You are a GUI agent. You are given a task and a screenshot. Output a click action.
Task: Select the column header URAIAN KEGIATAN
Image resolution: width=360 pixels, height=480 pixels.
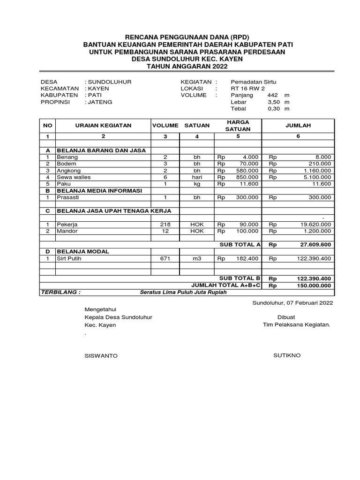click(103, 126)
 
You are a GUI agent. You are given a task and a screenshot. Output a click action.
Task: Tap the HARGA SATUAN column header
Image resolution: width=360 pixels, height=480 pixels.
click(238, 126)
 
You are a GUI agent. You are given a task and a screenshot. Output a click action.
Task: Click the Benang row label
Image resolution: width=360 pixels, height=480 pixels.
click(67, 157)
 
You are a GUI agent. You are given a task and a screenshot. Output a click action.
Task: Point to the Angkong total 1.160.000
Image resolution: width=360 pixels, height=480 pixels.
click(315, 171)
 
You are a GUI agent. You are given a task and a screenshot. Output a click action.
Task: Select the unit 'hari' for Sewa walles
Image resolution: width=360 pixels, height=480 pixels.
click(197, 177)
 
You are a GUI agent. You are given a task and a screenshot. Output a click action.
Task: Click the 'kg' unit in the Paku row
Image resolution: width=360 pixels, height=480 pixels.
click(197, 184)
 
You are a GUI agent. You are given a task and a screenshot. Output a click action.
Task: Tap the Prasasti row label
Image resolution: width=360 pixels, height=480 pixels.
click(68, 198)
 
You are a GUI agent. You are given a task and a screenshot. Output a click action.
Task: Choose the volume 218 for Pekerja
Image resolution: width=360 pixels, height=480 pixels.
click(165, 225)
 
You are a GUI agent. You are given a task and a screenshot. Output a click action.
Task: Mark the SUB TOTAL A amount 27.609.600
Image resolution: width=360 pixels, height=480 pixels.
click(315, 245)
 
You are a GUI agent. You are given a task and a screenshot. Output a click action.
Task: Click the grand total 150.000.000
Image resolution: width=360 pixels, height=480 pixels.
click(313, 285)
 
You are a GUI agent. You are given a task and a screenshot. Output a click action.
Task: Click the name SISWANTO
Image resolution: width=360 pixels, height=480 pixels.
click(101, 356)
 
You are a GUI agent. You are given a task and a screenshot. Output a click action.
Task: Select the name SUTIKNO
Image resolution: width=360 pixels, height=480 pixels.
click(287, 355)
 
